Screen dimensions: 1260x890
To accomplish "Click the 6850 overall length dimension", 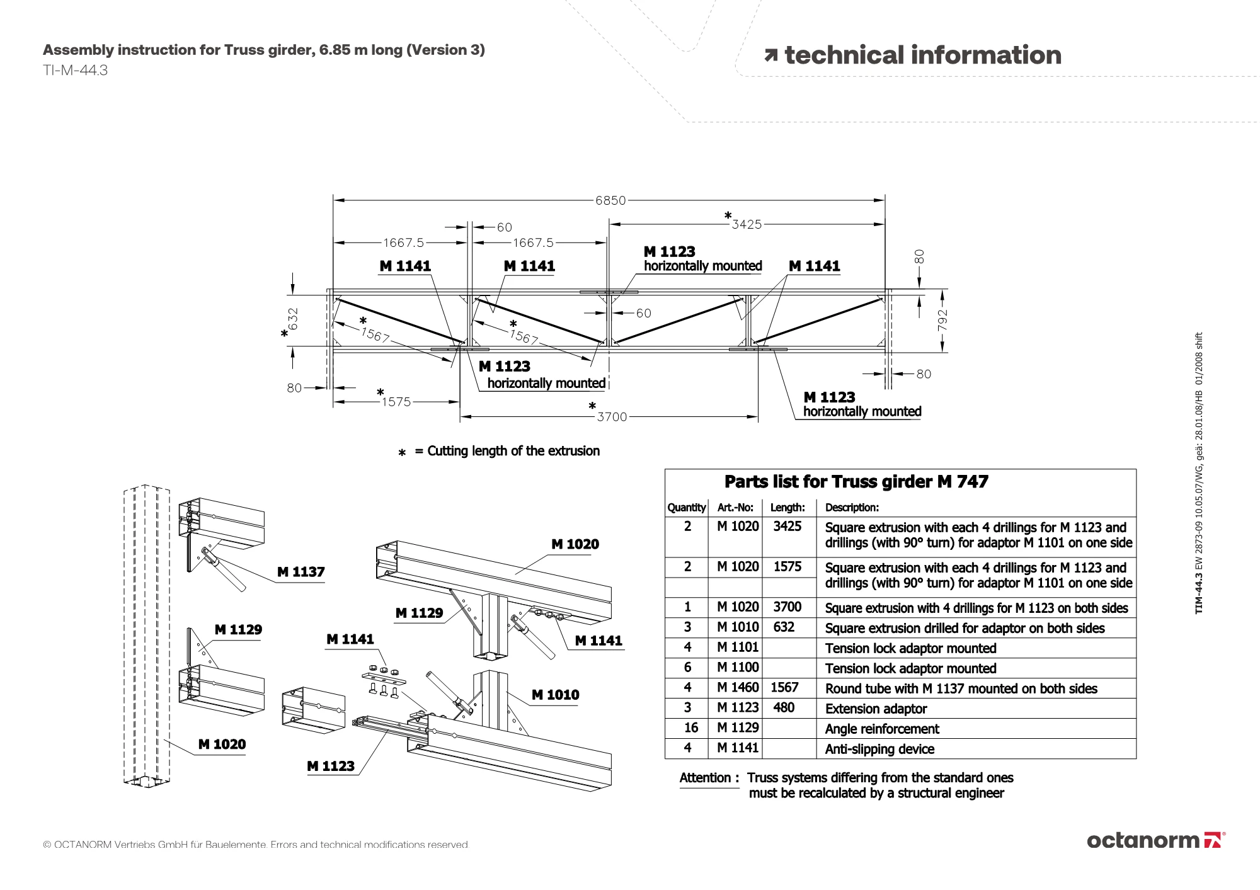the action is [610, 200].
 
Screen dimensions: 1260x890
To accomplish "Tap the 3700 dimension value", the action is [612, 417].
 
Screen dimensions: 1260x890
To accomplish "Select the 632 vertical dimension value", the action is [293, 318].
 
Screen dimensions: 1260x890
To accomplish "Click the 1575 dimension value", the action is [396, 402].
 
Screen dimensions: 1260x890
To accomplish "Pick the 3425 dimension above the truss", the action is [747, 224].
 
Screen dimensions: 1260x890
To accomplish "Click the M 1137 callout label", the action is [301, 572].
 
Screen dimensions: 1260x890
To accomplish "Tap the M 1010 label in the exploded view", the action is [555, 695].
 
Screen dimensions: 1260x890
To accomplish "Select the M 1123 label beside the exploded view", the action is [331, 766].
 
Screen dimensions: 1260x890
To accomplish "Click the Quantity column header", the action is [687, 508].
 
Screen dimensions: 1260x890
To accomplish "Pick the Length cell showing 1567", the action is [784, 688].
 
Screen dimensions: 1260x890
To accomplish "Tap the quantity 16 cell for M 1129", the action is [691, 728].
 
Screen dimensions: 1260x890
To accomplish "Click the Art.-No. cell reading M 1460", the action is [738, 688].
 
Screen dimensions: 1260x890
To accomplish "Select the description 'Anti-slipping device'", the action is [879, 749].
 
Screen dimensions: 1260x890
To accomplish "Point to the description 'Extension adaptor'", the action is [876, 709].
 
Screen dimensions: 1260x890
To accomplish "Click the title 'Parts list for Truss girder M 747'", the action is [856, 482].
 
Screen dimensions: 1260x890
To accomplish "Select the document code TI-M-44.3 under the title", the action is [75, 70].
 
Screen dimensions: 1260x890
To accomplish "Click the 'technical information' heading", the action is [913, 55].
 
